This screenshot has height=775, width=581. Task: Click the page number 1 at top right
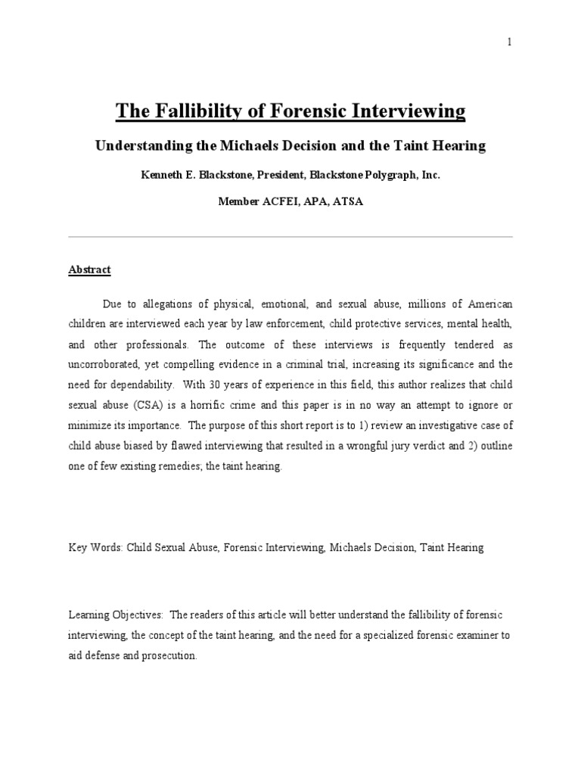pos(509,42)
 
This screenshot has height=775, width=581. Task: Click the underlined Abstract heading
pos(90,269)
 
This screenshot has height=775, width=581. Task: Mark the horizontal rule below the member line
pos(290,236)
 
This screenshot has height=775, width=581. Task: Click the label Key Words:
pos(95,547)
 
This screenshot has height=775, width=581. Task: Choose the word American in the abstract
pos(489,303)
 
